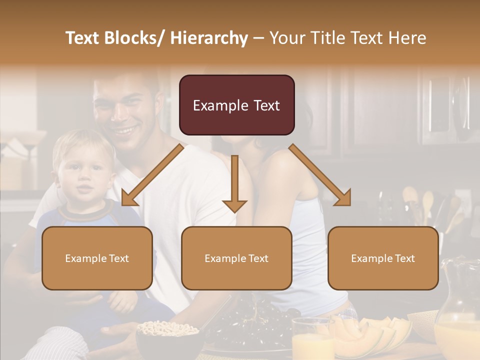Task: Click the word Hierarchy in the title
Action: (209, 38)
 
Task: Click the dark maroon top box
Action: (236, 105)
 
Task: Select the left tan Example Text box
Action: (97, 258)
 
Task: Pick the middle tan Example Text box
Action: (236, 258)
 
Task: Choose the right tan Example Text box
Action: (383, 258)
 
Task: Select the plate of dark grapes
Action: (250, 325)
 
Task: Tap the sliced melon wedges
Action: (370, 332)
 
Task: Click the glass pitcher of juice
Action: (457, 315)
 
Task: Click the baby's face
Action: (82, 172)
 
